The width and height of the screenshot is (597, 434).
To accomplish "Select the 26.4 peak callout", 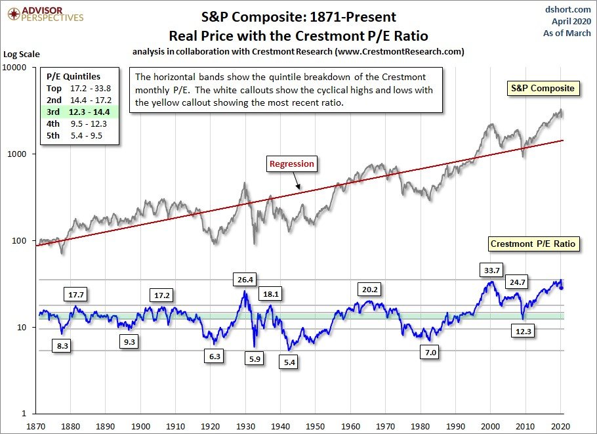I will point(245,280).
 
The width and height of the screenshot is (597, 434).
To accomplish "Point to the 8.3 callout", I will point(63,345).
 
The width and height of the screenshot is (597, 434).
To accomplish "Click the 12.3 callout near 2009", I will point(523,332).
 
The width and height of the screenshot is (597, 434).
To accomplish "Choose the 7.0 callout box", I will point(430,353).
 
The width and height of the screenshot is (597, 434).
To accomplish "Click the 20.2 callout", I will point(369,289).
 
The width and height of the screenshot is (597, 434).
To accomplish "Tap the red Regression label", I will point(292,164).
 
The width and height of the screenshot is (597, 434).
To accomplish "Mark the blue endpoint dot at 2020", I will point(562,288).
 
